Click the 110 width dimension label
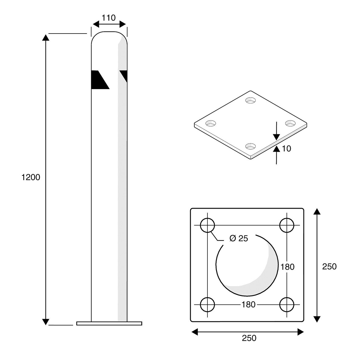[109, 18]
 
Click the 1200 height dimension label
[31, 177]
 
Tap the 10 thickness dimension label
[286, 149]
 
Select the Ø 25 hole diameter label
[238, 239]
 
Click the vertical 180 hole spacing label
[287, 267]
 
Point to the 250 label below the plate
[249, 338]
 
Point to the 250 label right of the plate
[329, 266]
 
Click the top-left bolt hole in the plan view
[207, 226]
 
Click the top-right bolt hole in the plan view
[287, 226]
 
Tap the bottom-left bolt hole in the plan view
[207, 304]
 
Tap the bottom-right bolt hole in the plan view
[287, 304]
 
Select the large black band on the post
[99, 80]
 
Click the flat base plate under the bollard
[109, 323]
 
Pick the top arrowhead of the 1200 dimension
[45, 38]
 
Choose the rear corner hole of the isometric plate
[251, 100]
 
